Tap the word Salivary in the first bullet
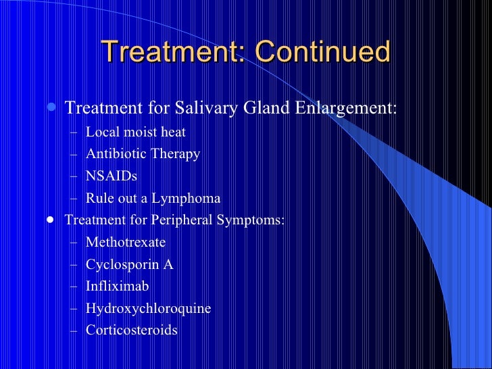coord(202,108)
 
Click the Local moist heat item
coord(135,132)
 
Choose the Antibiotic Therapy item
coord(143,154)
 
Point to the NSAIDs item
coord(111,176)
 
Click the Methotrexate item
coord(125,242)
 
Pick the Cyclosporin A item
coord(129,264)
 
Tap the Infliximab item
coord(117,286)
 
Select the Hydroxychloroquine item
coord(148,308)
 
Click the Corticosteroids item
coord(131,330)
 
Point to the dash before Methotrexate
coord(74,243)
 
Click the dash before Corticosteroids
coord(74,330)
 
